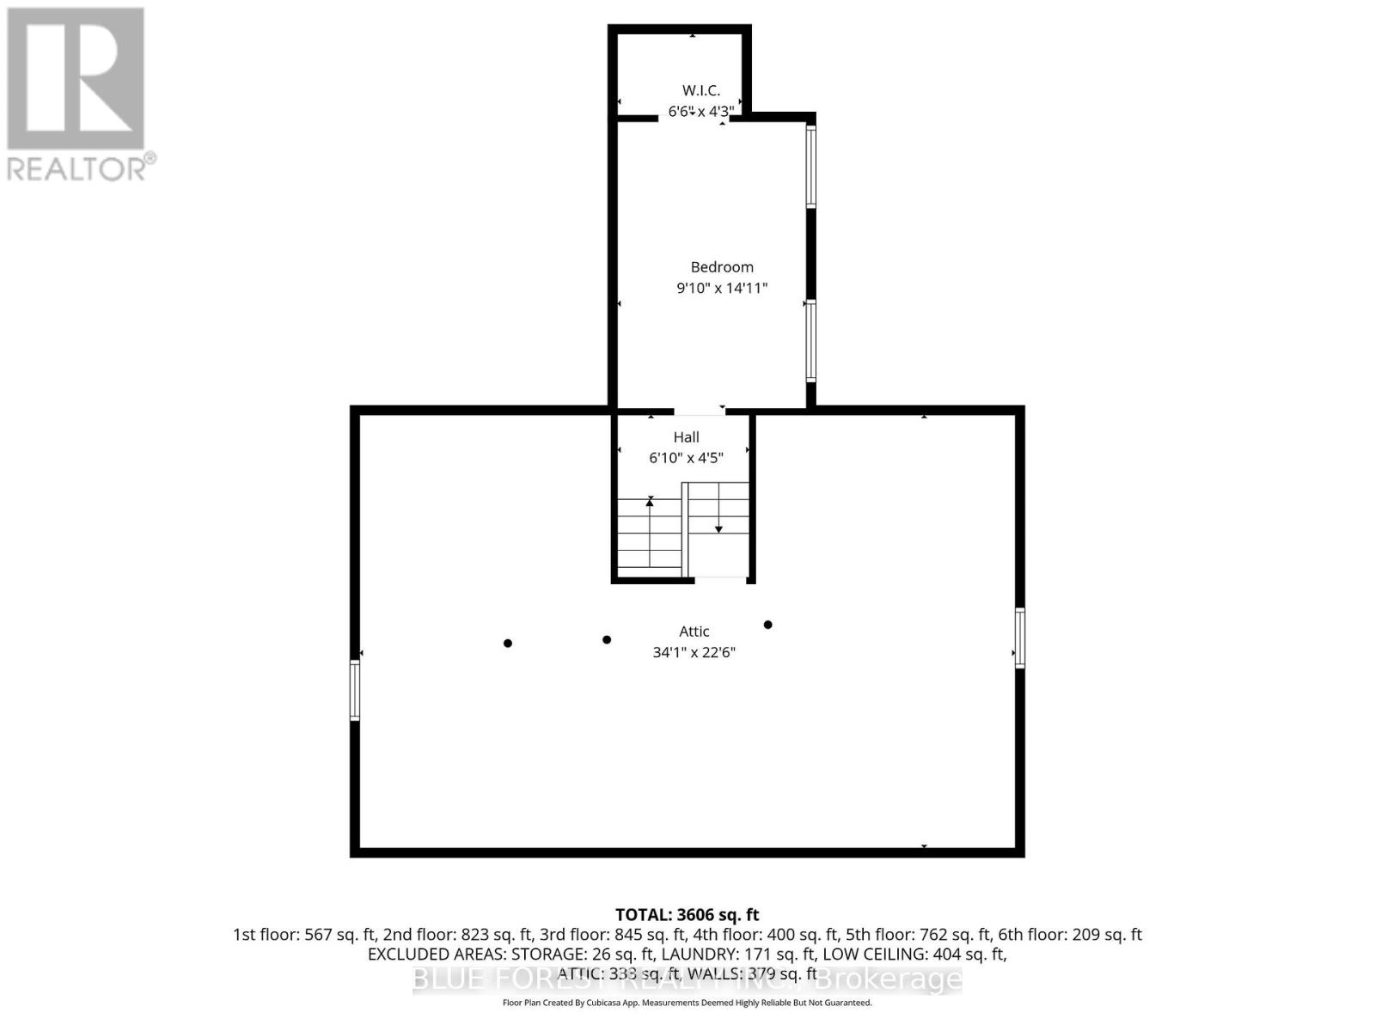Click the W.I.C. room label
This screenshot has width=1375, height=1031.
700,90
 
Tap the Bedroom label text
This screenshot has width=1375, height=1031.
722,267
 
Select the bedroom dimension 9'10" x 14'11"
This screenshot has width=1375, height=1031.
722,289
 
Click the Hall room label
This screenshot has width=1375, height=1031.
686,437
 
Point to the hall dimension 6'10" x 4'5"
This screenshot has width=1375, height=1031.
686,458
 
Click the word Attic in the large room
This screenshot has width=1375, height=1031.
694,631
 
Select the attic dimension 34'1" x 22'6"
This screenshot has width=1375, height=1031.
694,652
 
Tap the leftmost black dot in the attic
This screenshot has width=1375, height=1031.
508,643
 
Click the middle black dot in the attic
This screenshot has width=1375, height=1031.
607,639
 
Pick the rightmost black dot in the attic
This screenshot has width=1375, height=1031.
767,625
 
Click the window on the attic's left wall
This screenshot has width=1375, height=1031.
354,689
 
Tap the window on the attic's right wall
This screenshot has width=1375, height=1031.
1020,638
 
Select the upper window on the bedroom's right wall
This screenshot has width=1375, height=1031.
810,167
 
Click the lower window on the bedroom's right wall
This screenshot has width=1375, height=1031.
810,341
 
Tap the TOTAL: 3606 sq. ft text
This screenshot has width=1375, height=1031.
687,915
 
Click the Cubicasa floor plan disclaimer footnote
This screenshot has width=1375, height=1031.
687,1003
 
